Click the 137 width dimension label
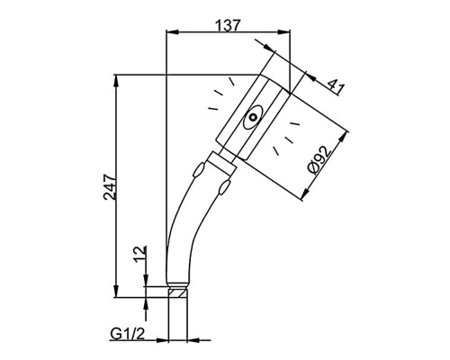[x=229, y=25]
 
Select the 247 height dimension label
[x=110, y=187]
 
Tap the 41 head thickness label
[x=336, y=87]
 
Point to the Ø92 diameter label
[x=320, y=159]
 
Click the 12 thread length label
[x=140, y=255]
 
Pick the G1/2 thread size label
[x=128, y=334]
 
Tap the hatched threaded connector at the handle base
[x=177, y=292]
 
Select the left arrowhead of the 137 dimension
[x=172, y=31]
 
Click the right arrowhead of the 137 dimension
[x=284, y=31]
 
